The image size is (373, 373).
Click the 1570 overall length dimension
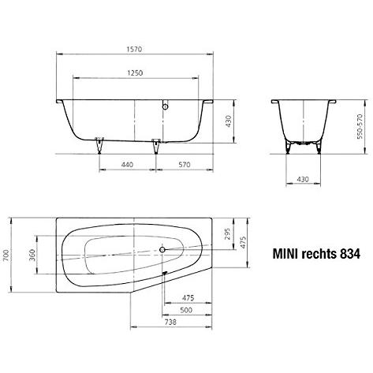point(135,49)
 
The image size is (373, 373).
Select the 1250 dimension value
point(135,73)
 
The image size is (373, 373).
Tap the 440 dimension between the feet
point(127,165)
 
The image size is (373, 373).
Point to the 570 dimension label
point(185,165)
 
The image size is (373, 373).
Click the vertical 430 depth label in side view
point(228,121)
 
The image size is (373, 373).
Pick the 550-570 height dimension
point(360,126)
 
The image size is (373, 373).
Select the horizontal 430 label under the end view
point(303,179)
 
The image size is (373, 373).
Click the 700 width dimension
point(6,255)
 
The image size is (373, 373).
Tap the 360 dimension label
point(32,255)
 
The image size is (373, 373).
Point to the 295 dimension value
point(227,233)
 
